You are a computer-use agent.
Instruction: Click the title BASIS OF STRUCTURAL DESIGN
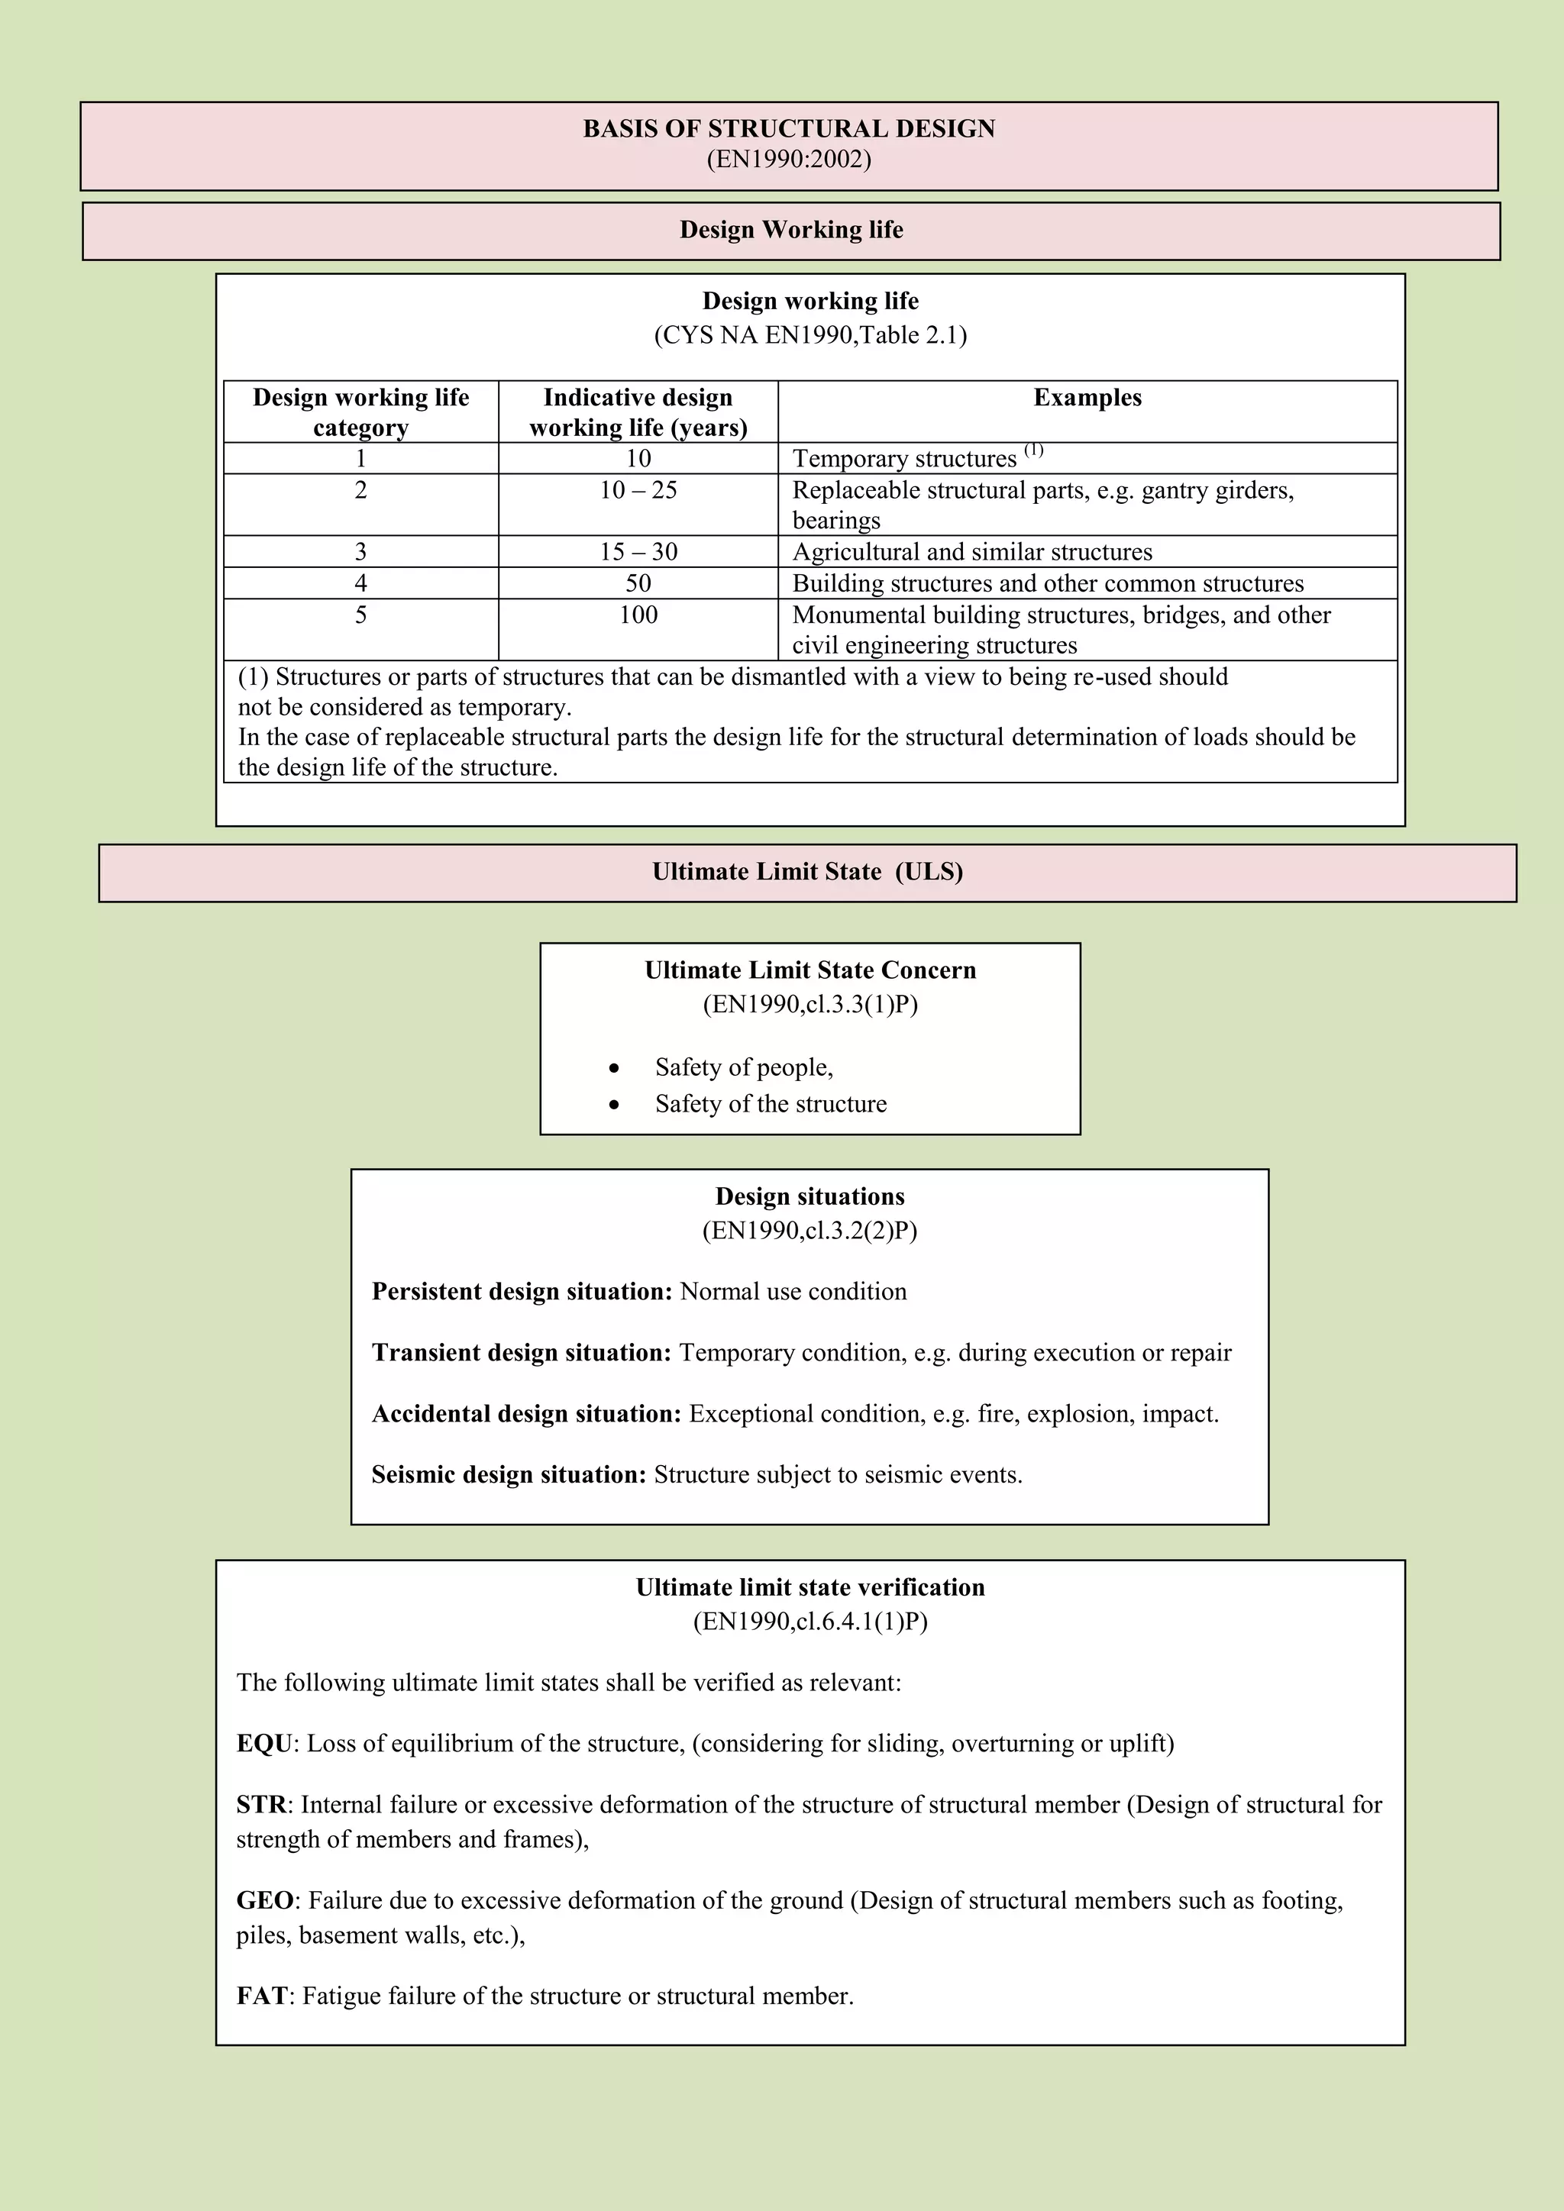coord(789,129)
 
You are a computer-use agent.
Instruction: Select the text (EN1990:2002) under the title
coord(789,159)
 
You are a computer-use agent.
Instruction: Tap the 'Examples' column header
coord(1087,398)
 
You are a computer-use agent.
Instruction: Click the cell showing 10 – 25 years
coord(638,490)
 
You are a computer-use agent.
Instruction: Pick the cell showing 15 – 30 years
coord(638,552)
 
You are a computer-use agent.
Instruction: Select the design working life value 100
coord(638,615)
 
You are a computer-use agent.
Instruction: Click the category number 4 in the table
coord(360,583)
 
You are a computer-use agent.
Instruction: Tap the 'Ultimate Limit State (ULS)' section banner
coord(807,871)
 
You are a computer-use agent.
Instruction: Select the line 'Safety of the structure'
coord(771,1103)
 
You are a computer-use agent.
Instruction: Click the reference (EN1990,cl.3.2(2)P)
coord(809,1231)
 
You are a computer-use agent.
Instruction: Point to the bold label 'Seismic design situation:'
coord(509,1474)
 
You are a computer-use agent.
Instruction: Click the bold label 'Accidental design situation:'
coord(526,1414)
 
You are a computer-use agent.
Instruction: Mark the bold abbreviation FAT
coord(261,1995)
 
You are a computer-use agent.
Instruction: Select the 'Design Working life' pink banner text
coord(790,230)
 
